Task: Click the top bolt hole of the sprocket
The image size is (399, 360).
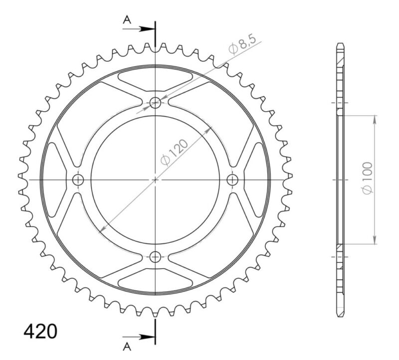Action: click(156, 103)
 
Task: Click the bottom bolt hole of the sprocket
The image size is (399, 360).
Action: click(156, 257)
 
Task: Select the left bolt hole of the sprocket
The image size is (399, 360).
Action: click(78, 180)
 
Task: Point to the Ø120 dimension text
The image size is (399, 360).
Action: click(174, 152)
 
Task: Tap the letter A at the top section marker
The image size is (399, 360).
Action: click(127, 19)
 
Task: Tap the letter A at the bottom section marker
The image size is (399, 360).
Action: click(127, 346)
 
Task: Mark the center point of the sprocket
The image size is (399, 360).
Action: click(156, 180)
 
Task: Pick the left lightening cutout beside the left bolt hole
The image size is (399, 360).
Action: click(55, 180)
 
